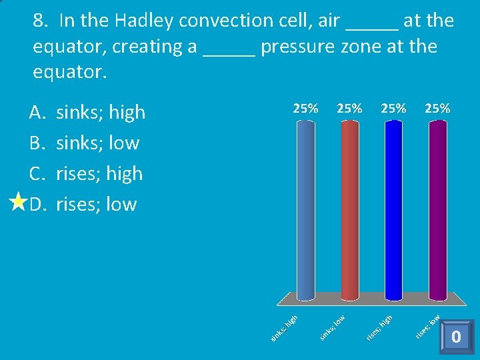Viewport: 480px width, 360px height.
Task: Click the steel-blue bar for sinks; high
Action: (305, 210)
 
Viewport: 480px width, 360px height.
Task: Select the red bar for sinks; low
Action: (349, 210)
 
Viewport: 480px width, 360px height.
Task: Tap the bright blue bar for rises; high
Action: (393, 210)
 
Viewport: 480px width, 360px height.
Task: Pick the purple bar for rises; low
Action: (437, 210)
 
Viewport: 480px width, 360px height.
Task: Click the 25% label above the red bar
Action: (349, 108)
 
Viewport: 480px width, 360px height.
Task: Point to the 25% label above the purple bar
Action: (437, 108)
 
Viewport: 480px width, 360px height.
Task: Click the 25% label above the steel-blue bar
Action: (305, 108)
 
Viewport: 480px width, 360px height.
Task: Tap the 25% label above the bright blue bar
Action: (393, 108)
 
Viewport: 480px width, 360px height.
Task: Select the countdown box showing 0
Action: (456, 337)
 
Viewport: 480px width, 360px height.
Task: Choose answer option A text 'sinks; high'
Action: (101, 113)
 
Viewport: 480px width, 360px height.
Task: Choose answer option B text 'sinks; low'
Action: (98, 143)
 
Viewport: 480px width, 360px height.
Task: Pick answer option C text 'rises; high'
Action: (99, 174)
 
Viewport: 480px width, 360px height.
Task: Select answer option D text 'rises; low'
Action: (97, 205)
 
